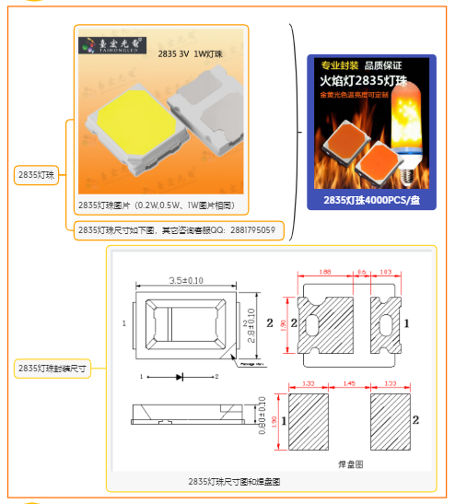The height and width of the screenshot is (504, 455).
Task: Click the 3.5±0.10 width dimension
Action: tap(187, 280)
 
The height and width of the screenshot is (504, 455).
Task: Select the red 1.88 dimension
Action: tap(325, 273)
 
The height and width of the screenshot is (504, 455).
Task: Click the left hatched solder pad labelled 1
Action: tap(308, 420)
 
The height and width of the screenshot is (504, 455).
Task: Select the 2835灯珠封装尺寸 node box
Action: tap(52, 368)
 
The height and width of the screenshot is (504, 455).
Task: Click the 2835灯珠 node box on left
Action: tap(37, 174)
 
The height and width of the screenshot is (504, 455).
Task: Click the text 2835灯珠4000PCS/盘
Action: tap(369, 199)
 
